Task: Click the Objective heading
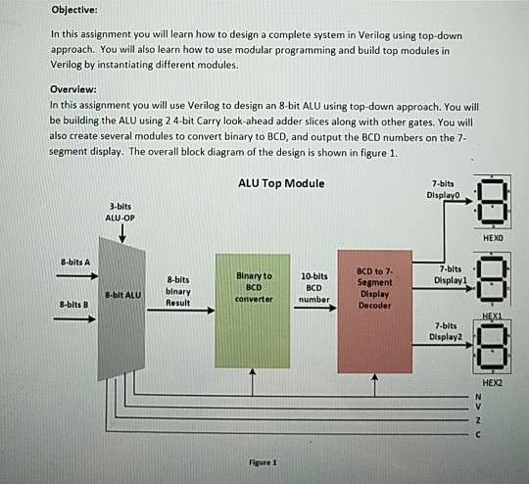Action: pyautogui.click(x=74, y=10)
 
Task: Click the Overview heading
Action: pyautogui.click(x=73, y=89)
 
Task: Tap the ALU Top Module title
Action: pyautogui.click(x=281, y=183)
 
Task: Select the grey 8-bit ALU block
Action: pyautogui.click(x=121, y=309)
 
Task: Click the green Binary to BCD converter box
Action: pyautogui.click(x=253, y=311)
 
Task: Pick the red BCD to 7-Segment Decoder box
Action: pyautogui.click(x=375, y=312)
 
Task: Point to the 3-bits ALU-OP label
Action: pyautogui.click(x=120, y=212)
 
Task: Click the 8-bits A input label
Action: pyautogui.click(x=75, y=262)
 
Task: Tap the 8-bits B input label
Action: pyautogui.click(x=73, y=305)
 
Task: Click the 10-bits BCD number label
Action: pyautogui.click(x=314, y=288)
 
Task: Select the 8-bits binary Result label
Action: pyautogui.click(x=177, y=291)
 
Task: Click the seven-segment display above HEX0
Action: pyautogui.click(x=492, y=202)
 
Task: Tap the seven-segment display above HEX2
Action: pyautogui.click(x=492, y=347)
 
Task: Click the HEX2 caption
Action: pyautogui.click(x=492, y=383)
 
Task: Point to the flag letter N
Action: pyautogui.click(x=478, y=397)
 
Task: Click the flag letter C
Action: pyautogui.click(x=478, y=434)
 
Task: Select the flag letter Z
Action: pyautogui.click(x=478, y=420)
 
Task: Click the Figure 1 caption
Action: pyautogui.click(x=263, y=462)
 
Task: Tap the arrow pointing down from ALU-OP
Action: pyautogui.click(x=122, y=233)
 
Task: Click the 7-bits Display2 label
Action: pyautogui.click(x=446, y=331)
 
